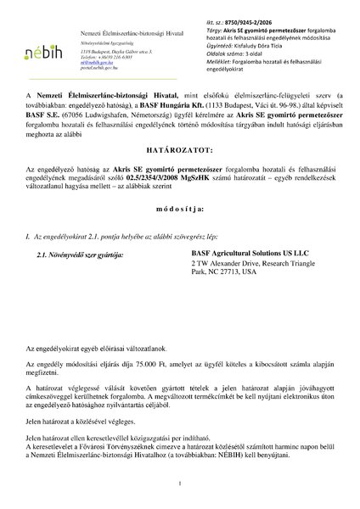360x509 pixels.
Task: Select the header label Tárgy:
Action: pos(213,39)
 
